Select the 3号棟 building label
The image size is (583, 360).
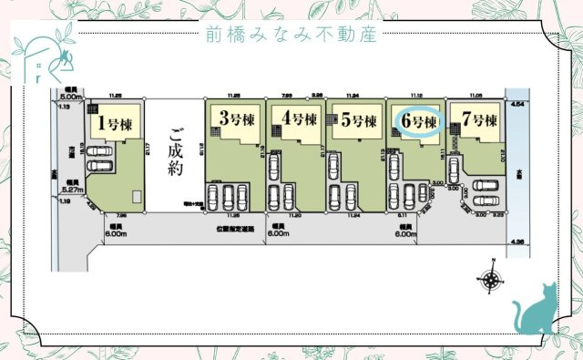(x=234, y=118)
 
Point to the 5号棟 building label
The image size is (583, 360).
(x=358, y=119)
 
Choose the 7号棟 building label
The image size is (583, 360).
(x=479, y=120)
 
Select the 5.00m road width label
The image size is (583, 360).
(x=71, y=95)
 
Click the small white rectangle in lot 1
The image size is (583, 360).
(x=136, y=197)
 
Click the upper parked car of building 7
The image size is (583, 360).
(x=483, y=186)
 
